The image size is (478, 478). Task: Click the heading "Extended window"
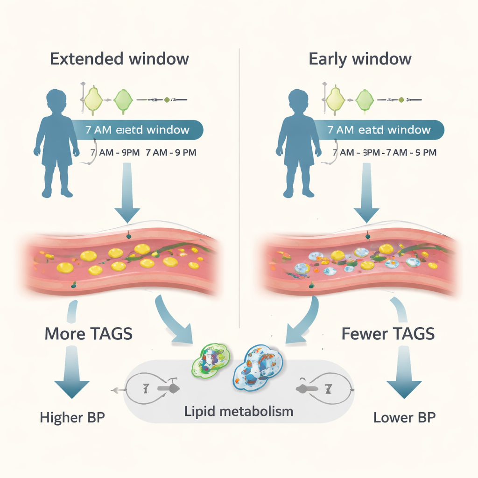[x=119, y=59]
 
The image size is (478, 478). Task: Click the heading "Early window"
[x=360, y=59]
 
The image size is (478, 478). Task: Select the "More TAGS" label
[x=88, y=334]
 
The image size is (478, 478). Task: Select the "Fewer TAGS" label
[x=388, y=334]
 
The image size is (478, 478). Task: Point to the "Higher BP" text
[x=72, y=417]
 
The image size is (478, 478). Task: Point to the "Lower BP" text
[x=404, y=417]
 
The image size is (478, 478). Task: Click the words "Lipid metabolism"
[x=239, y=411]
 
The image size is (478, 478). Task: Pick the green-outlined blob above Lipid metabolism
[x=211, y=360]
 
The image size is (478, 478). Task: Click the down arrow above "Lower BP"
[x=404, y=378]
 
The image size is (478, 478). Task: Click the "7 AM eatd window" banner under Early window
[x=378, y=130]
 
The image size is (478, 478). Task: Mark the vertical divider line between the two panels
[x=239, y=187]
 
